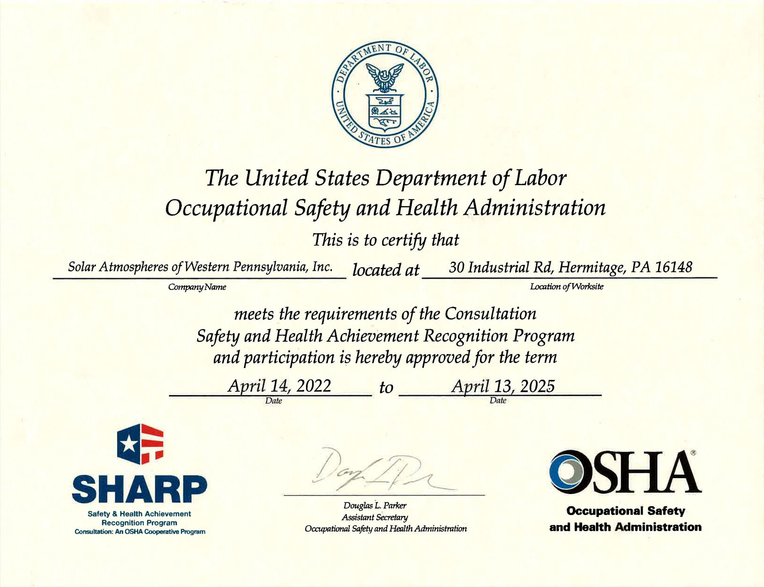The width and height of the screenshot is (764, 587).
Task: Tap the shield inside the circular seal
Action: coord(385,112)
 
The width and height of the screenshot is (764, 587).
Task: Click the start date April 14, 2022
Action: coord(279,386)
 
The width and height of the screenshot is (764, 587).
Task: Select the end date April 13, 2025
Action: coord(503,386)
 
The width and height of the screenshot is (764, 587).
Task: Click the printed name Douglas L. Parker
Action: coord(375,506)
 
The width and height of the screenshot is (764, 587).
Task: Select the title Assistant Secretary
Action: coord(375,517)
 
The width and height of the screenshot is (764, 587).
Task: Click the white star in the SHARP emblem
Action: coord(128,445)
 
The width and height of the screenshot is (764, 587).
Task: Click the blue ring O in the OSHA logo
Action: coord(569,472)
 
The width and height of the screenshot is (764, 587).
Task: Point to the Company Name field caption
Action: coord(197,287)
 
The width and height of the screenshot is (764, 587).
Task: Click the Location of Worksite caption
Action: coord(567,287)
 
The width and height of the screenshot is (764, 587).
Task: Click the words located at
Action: coord(385,270)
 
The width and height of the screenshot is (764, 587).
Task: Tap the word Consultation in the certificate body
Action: coord(490,314)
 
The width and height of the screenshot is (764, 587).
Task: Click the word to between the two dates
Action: coord(386,388)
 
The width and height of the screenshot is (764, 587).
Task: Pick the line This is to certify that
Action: coord(385,240)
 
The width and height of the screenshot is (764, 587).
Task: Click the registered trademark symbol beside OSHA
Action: coord(693,451)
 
